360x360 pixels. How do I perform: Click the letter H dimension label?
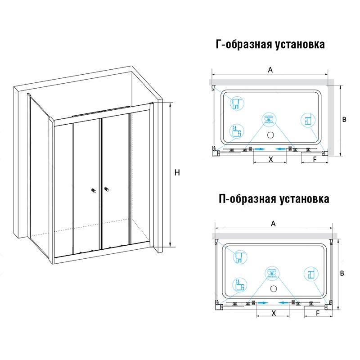tap(177, 173)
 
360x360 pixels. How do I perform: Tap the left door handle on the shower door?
tap(94, 190)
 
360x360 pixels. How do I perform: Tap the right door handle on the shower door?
tap(107, 189)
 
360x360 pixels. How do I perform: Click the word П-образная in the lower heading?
tap(247, 198)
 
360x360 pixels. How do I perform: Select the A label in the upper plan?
tap(270, 70)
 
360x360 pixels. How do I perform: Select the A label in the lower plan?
tap(273, 224)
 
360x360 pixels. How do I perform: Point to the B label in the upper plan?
tap(344, 119)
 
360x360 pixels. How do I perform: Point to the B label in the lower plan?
tap(342, 273)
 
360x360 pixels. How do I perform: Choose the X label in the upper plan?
tap(271, 159)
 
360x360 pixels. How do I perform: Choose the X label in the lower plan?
tap(274, 313)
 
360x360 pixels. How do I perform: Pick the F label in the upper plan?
tap(315, 159)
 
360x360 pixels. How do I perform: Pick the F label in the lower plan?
tap(318, 313)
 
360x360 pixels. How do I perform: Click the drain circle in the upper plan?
tap(271, 135)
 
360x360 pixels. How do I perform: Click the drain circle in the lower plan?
tap(274, 288)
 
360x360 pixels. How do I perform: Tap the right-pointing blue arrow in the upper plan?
tap(260, 149)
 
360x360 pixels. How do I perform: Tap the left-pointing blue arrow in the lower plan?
tap(284, 303)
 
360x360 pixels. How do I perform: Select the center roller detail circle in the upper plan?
tap(269, 120)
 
